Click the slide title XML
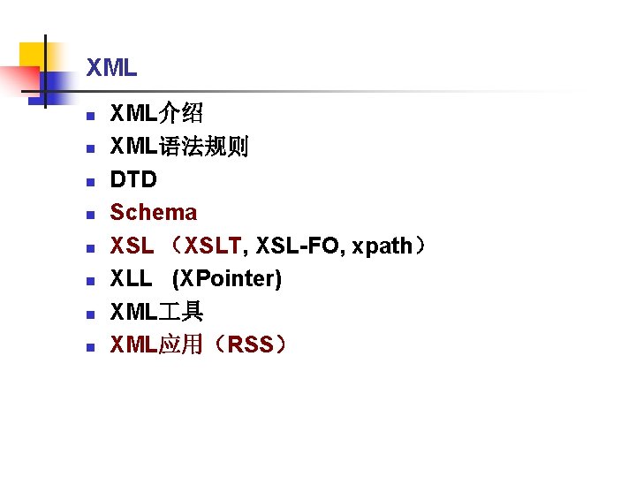pos(111,67)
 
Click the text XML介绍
pos(156,113)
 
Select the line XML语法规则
pos(178,146)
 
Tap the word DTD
pos(133,179)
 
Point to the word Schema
pos(153,212)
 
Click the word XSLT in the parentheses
pos(212,246)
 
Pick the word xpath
pos(382,246)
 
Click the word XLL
pos(131,279)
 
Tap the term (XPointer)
pos(227,279)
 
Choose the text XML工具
pos(156,312)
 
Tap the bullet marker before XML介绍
pos(89,116)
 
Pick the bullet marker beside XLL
pos(89,281)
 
